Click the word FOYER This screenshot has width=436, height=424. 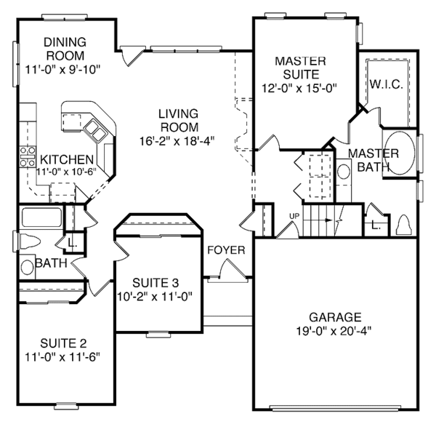coord(226,250)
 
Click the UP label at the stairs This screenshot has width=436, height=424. coord(294,216)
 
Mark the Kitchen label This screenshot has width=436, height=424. coord(66,160)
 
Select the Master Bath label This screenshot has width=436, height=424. coord(373,159)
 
